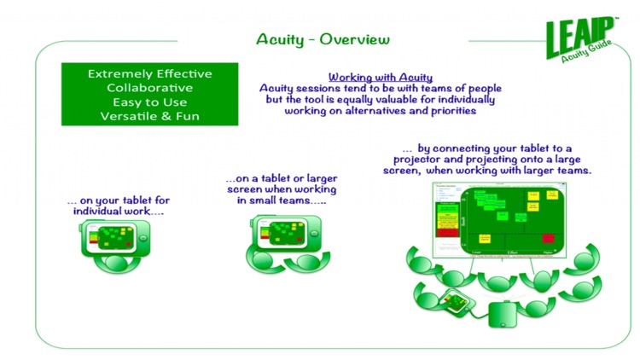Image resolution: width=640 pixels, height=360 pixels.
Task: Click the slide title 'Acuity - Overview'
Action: click(x=323, y=39)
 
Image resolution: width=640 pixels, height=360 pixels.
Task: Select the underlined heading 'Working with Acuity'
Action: click(x=380, y=77)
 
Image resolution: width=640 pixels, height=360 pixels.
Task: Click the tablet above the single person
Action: click(x=113, y=238)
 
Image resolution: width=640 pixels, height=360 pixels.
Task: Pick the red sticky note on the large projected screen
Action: click(x=547, y=238)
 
